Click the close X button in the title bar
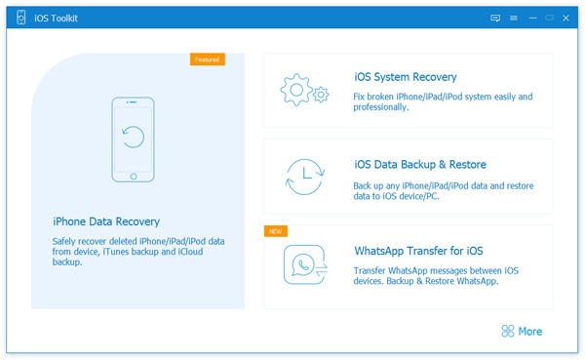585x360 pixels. coord(570,18)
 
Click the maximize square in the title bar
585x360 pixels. coord(551,18)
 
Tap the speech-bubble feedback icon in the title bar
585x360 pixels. coord(495,18)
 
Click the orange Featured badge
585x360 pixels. coord(207,60)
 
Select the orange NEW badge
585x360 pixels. coord(275,231)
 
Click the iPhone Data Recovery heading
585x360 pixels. coord(106,221)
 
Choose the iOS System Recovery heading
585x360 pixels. coord(406,77)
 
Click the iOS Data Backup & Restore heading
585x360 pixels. coord(420,164)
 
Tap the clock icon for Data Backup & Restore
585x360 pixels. coord(303,177)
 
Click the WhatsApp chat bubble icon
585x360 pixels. coord(303,263)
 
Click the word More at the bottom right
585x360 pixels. coord(530,332)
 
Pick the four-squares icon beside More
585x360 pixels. coord(507,332)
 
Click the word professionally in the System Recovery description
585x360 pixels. coord(381,107)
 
